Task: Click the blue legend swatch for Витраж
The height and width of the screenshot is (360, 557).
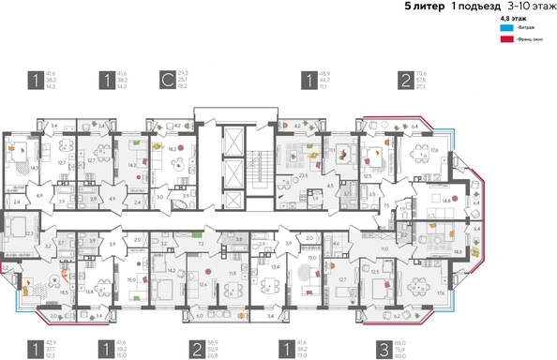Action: tap(506, 28)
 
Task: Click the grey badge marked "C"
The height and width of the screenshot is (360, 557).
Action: tap(167, 81)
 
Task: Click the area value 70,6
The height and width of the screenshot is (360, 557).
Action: tap(429, 72)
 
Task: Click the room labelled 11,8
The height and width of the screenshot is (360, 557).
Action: tap(233, 274)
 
